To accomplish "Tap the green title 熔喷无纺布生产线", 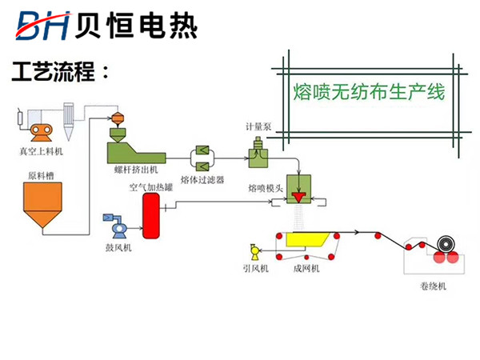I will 369,92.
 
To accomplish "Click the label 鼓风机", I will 118,248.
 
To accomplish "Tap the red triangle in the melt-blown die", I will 301,197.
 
